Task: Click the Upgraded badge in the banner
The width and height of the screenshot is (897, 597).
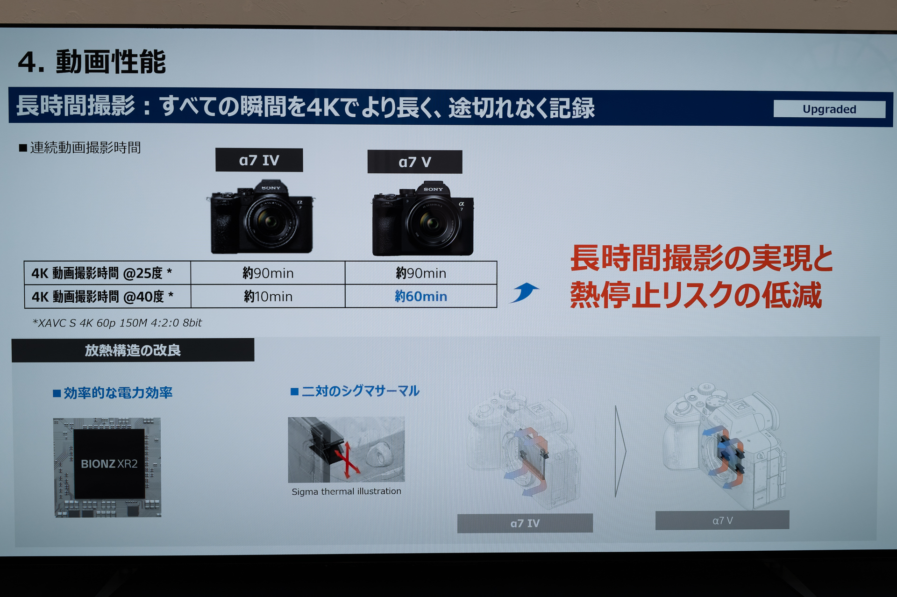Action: click(829, 109)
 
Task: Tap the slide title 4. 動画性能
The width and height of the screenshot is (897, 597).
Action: click(92, 62)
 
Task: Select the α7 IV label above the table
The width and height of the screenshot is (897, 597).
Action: click(259, 160)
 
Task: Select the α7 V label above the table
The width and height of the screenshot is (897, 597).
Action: click(415, 162)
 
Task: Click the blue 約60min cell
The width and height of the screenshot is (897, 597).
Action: click(421, 296)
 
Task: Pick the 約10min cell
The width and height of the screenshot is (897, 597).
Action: click(268, 296)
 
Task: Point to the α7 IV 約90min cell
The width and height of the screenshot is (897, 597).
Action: click(268, 273)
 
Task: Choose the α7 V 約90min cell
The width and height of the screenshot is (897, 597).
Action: click(421, 273)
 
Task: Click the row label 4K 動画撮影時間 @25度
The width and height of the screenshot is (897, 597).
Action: click(102, 273)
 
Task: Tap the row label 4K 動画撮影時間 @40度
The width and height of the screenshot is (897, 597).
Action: click(103, 296)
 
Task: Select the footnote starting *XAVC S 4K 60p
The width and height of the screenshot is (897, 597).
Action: click(117, 323)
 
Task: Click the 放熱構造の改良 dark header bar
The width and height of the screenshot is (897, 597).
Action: click(133, 350)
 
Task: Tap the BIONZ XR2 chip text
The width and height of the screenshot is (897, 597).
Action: click(109, 464)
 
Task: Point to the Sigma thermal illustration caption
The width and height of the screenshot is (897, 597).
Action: click(346, 491)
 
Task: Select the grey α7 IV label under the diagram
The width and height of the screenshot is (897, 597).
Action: click(525, 523)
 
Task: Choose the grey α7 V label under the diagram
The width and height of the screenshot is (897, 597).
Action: click(722, 520)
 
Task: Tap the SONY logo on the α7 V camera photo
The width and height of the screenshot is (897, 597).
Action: click(433, 189)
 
